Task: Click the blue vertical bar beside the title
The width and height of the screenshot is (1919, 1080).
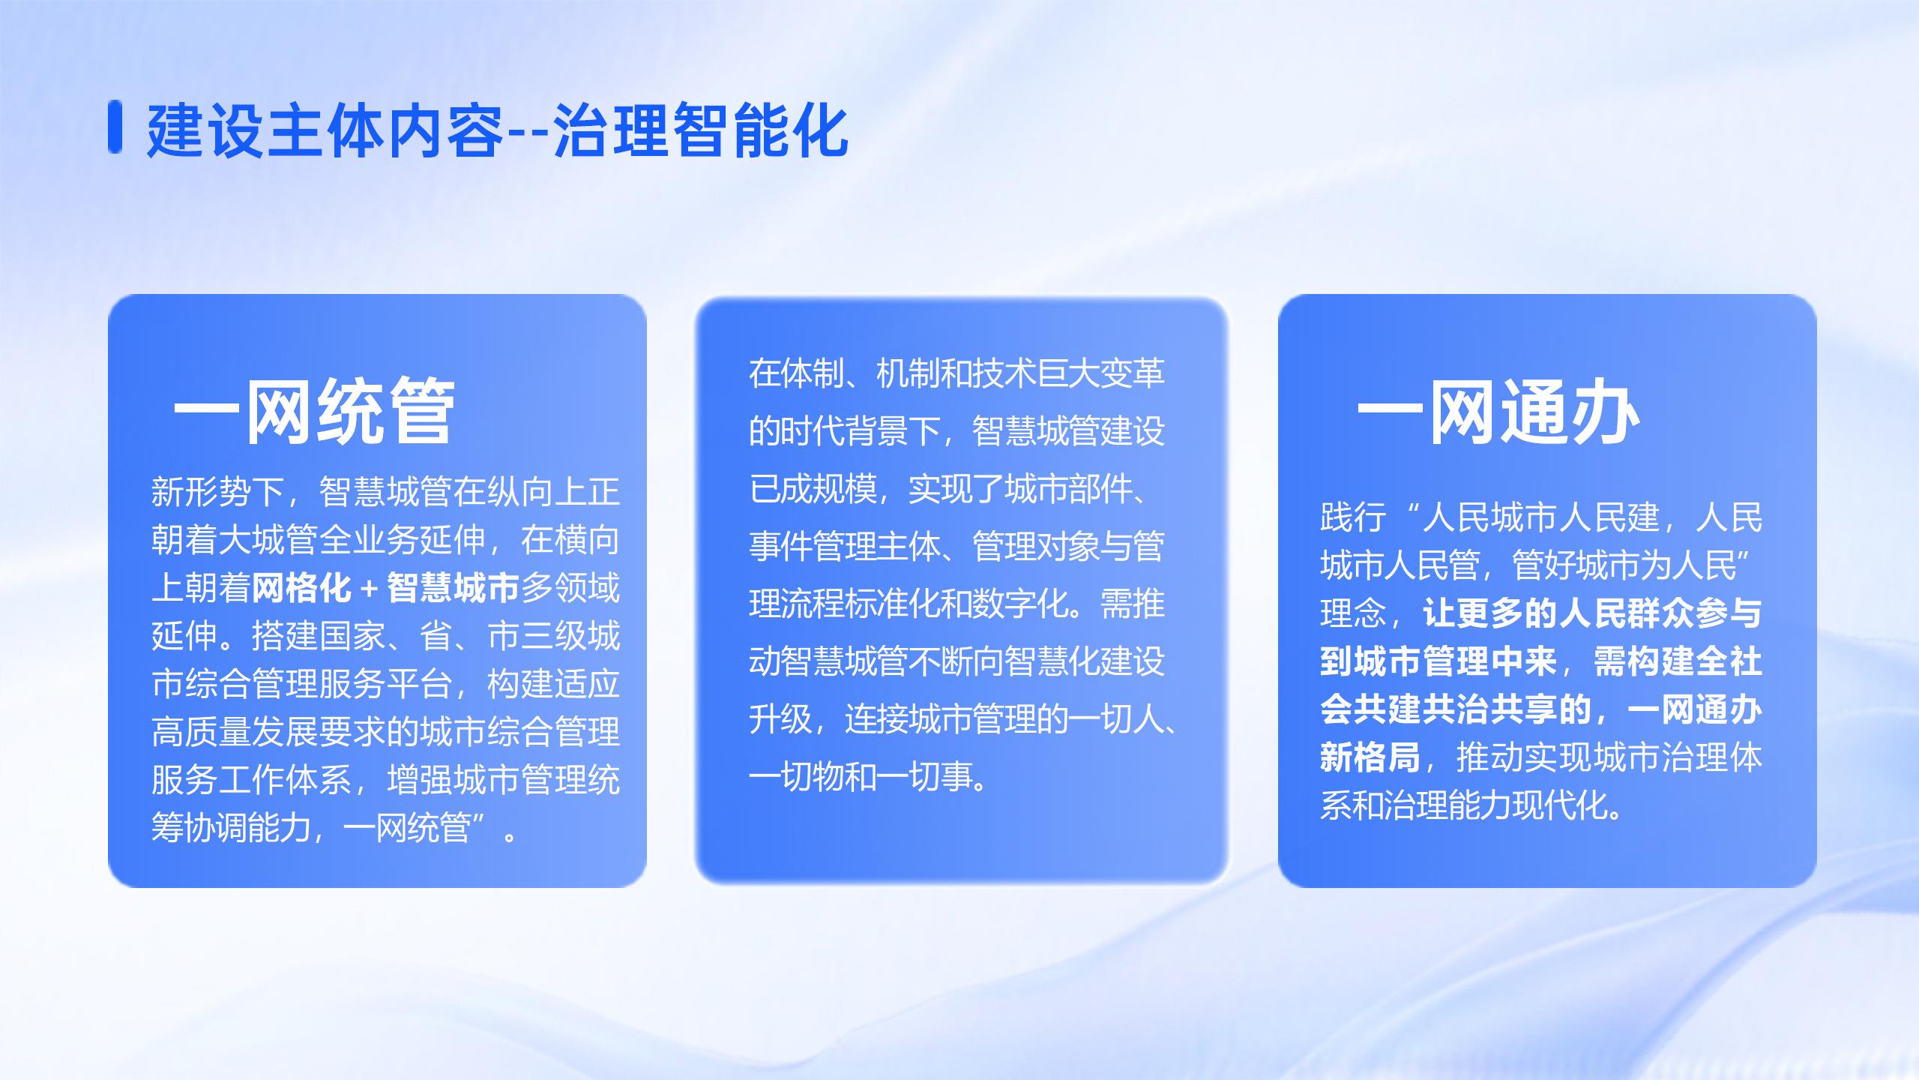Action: point(115,126)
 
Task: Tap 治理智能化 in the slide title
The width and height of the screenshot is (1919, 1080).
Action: point(701,130)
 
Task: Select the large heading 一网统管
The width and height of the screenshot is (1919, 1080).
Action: point(314,411)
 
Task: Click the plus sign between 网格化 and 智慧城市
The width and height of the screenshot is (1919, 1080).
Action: point(368,588)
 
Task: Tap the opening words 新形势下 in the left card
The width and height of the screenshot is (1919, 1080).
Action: point(217,492)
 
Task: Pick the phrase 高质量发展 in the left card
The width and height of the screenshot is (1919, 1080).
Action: point(235,732)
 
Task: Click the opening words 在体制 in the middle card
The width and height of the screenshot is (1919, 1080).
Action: point(796,373)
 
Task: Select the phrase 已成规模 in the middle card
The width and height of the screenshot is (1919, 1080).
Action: point(813,488)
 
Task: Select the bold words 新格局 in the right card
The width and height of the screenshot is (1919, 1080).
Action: point(1370,757)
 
